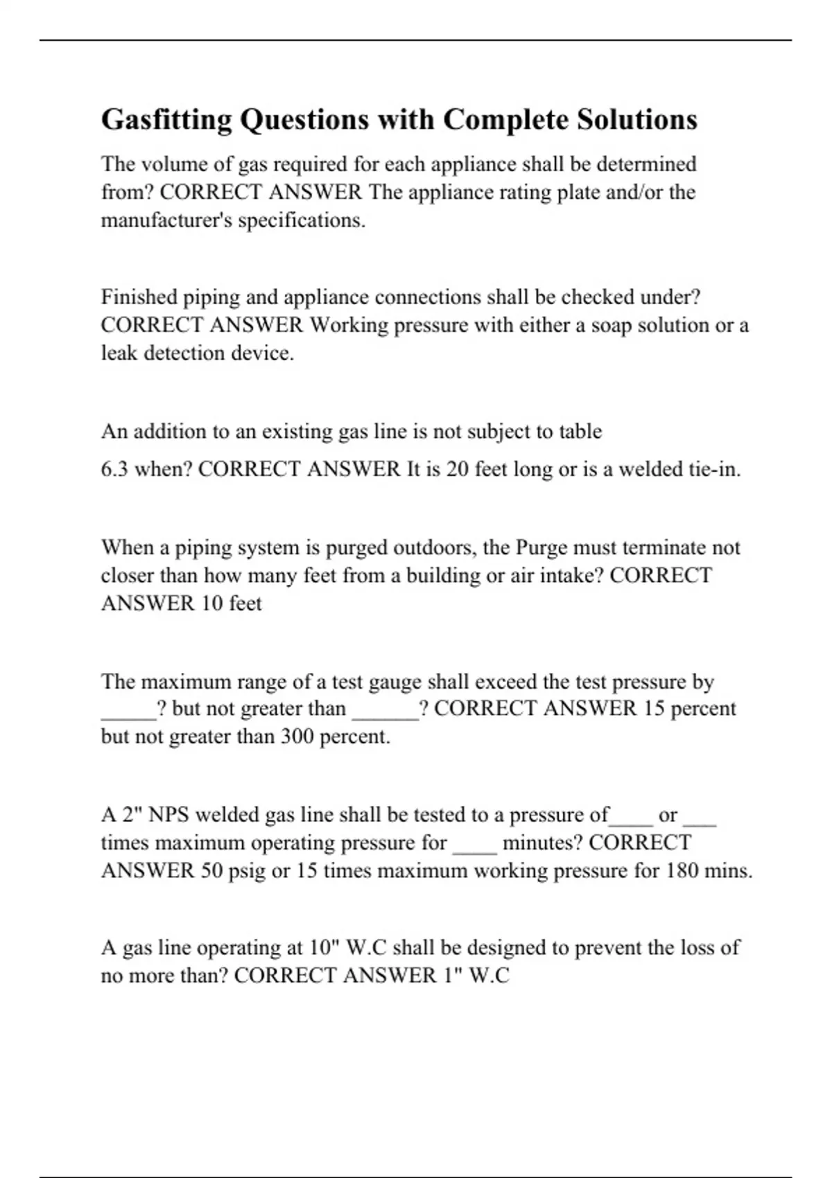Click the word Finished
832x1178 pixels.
tap(139, 297)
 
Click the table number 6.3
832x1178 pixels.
tap(114, 470)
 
